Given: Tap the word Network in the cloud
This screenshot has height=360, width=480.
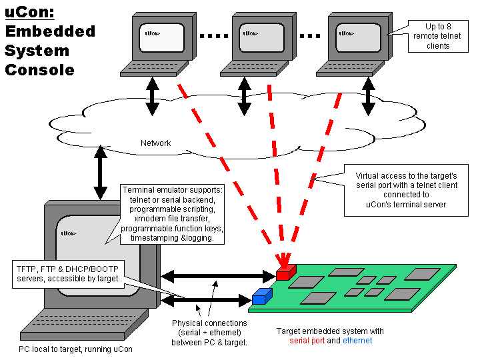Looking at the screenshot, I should click(155, 143).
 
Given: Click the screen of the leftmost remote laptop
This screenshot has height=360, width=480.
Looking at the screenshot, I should click(160, 37).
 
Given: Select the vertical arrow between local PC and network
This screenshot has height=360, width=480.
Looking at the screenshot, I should click(101, 175).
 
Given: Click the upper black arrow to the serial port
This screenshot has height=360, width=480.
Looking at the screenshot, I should click(217, 275).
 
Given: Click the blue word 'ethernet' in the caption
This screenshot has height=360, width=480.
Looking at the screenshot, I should click(357, 341).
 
